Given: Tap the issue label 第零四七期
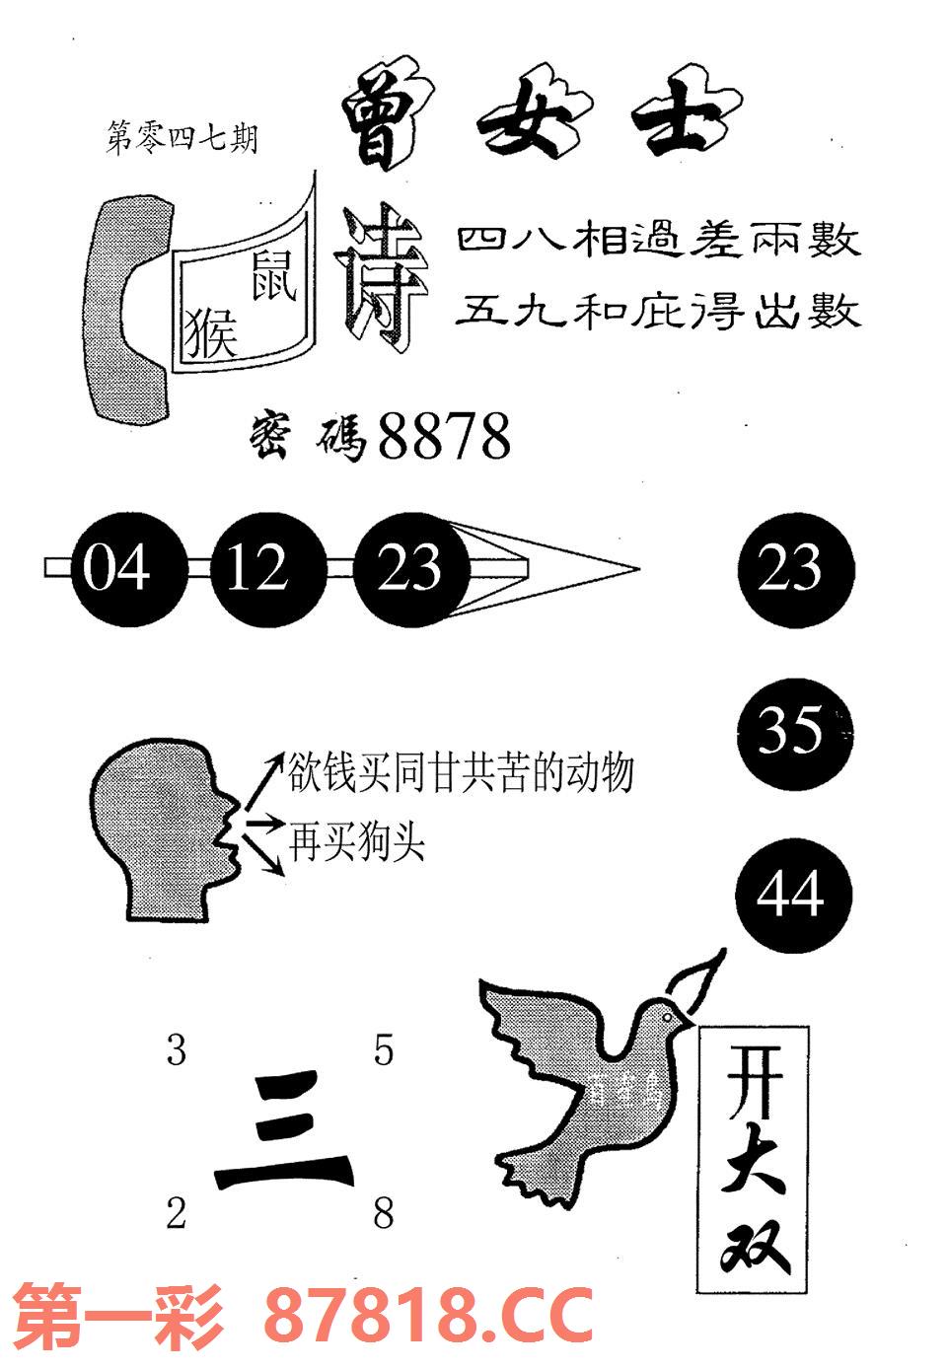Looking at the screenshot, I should pyautogui.click(x=181, y=139).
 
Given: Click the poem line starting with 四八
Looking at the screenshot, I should pyautogui.click(x=658, y=242).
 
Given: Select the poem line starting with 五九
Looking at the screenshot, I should pyautogui.click(x=658, y=313).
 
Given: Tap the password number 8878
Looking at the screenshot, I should pyautogui.click(x=444, y=436).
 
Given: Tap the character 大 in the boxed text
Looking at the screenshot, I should pyautogui.click(x=754, y=1175).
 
